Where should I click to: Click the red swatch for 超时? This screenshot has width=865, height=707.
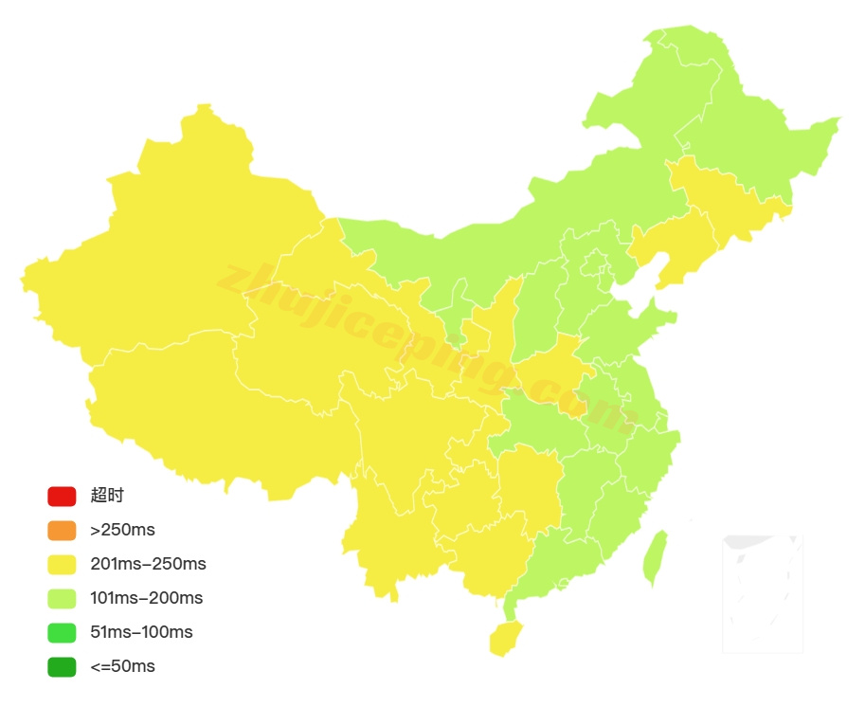(x=62, y=496)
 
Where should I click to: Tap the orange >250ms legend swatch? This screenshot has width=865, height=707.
(x=62, y=530)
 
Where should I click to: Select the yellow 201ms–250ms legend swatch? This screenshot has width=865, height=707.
(x=62, y=564)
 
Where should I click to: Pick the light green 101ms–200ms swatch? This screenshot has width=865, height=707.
(x=62, y=598)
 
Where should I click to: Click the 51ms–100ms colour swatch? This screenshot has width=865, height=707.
(x=62, y=632)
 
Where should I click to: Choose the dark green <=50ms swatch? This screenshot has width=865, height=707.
(x=62, y=666)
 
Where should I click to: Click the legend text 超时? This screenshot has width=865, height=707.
(x=107, y=496)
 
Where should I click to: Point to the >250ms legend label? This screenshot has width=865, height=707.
(x=122, y=530)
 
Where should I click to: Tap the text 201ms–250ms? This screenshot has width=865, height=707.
(x=148, y=564)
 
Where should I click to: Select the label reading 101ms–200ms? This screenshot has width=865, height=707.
(x=147, y=598)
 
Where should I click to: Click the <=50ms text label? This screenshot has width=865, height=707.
(x=122, y=666)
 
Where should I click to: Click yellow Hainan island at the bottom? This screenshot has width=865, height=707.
(x=506, y=638)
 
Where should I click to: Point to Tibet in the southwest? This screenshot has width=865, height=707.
(x=208, y=408)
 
